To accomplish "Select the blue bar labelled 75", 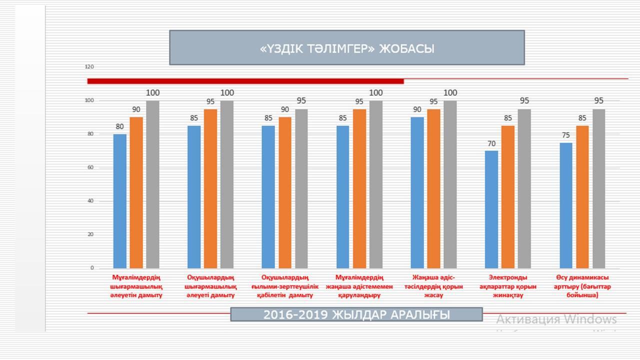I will [566, 205].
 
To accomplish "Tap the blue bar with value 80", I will [120, 201].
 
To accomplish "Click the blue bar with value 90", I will [417, 192].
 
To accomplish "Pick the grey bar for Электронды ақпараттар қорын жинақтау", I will [524, 188].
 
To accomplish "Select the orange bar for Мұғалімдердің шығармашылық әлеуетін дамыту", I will [136, 192].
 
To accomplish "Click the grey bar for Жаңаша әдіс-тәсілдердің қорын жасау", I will [450, 184].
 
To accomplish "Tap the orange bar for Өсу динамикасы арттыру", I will [582, 196].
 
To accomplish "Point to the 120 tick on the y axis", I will [89, 66].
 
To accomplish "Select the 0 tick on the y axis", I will [92, 268].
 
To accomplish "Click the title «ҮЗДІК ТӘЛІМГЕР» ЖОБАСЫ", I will [347, 48].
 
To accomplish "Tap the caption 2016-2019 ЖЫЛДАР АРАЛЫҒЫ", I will [356, 314].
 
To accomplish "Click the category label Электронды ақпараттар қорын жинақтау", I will [508, 286].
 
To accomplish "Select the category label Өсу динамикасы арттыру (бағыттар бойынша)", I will [582, 286].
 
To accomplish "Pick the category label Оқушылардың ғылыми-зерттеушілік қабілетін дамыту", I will [285, 286].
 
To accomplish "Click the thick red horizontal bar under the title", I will [245, 81].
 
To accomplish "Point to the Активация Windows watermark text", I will [556, 319].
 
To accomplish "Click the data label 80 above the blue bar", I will [119, 126].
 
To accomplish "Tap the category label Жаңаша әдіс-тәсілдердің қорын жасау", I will [433, 286].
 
